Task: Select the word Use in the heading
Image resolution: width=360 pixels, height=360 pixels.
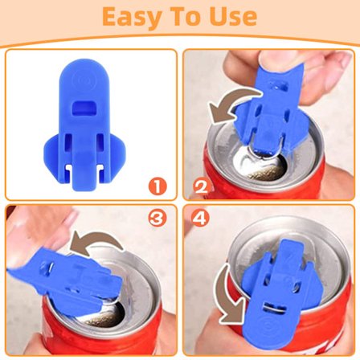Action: pos(233,17)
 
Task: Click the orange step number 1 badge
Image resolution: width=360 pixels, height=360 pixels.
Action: pos(157,186)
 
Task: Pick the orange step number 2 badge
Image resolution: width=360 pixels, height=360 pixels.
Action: pos(202,186)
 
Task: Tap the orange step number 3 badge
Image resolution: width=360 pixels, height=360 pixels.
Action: pos(157,218)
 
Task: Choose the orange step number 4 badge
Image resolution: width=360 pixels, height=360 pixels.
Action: pos(200,219)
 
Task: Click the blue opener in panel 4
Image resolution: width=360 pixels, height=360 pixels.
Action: pos(279,295)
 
